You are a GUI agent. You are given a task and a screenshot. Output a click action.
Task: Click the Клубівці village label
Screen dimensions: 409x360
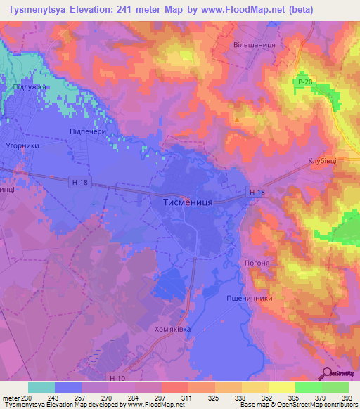pyautogui.click(x=322, y=161)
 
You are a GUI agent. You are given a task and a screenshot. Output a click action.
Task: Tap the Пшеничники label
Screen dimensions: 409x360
pyautogui.click(x=249, y=298)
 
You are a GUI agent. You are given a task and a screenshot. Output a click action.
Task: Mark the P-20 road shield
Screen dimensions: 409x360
pyautogui.click(x=303, y=82)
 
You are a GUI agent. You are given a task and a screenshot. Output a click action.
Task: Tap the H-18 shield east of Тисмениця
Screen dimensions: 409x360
pyautogui.click(x=257, y=190)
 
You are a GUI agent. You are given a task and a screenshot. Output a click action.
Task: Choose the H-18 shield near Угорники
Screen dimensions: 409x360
pyautogui.click(x=80, y=181)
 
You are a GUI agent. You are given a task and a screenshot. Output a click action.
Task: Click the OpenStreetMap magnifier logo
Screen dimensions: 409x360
pyautogui.click(x=326, y=373)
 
